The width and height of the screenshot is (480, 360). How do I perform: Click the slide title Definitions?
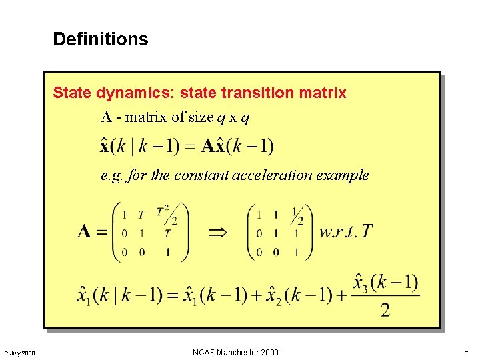pyautogui.click(x=101, y=39)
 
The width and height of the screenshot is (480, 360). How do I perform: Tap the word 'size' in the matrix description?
pyautogui.click(x=201, y=117)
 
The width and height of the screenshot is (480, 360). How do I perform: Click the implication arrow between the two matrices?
pyautogui.click(x=217, y=233)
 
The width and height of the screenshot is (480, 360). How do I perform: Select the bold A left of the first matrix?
pyautogui.click(x=85, y=232)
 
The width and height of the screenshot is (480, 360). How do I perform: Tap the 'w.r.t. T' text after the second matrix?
pyautogui.click(x=346, y=232)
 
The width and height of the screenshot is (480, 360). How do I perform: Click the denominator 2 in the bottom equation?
pyautogui.click(x=385, y=311)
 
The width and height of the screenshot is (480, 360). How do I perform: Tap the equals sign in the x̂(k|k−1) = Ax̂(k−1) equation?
pyautogui.click(x=189, y=146)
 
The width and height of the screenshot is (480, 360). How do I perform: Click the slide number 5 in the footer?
pyautogui.click(x=467, y=353)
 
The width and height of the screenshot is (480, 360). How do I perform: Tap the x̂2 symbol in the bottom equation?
pyautogui.click(x=275, y=295)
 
